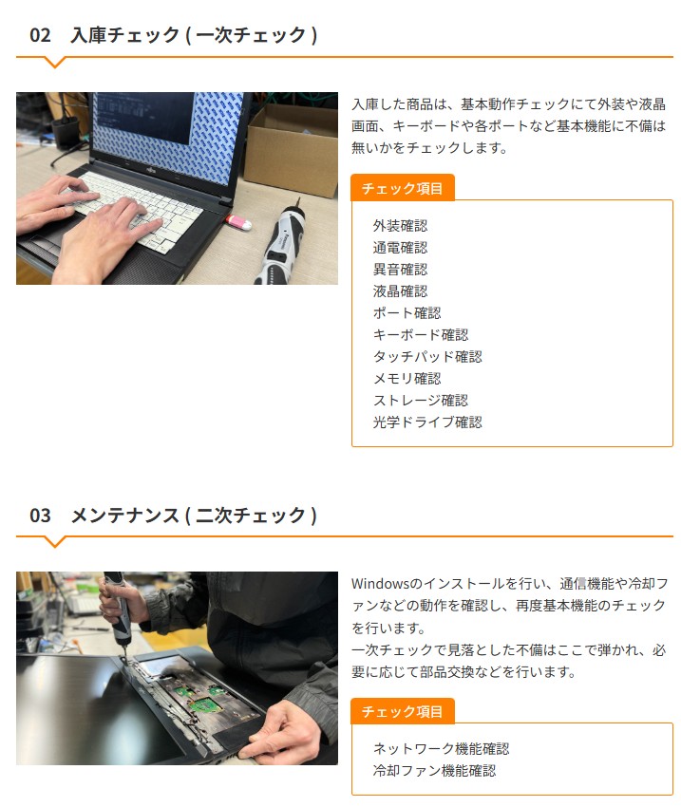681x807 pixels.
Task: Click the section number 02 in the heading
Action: (x=40, y=35)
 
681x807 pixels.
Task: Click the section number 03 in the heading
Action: (x=40, y=516)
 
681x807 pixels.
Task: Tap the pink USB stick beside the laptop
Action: (x=238, y=222)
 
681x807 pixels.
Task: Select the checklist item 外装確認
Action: (x=400, y=225)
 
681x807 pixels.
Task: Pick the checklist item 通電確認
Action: (x=400, y=248)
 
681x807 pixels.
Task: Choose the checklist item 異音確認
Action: (x=400, y=270)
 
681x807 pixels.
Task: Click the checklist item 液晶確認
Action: (x=400, y=291)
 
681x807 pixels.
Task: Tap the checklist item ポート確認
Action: (x=407, y=313)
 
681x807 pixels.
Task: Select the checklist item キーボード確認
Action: (x=421, y=335)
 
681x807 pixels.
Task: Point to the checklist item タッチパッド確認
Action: (x=427, y=357)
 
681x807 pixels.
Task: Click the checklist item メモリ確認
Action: (x=407, y=379)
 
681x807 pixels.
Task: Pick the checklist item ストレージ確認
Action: (x=421, y=401)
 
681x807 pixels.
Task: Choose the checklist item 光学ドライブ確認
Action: (x=427, y=422)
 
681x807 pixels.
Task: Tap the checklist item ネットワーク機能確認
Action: (x=441, y=749)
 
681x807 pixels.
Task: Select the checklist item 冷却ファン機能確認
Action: (x=434, y=771)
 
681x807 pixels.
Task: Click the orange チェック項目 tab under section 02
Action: (x=403, y=188)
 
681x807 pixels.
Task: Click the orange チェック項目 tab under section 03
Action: (x=403, y=711)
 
